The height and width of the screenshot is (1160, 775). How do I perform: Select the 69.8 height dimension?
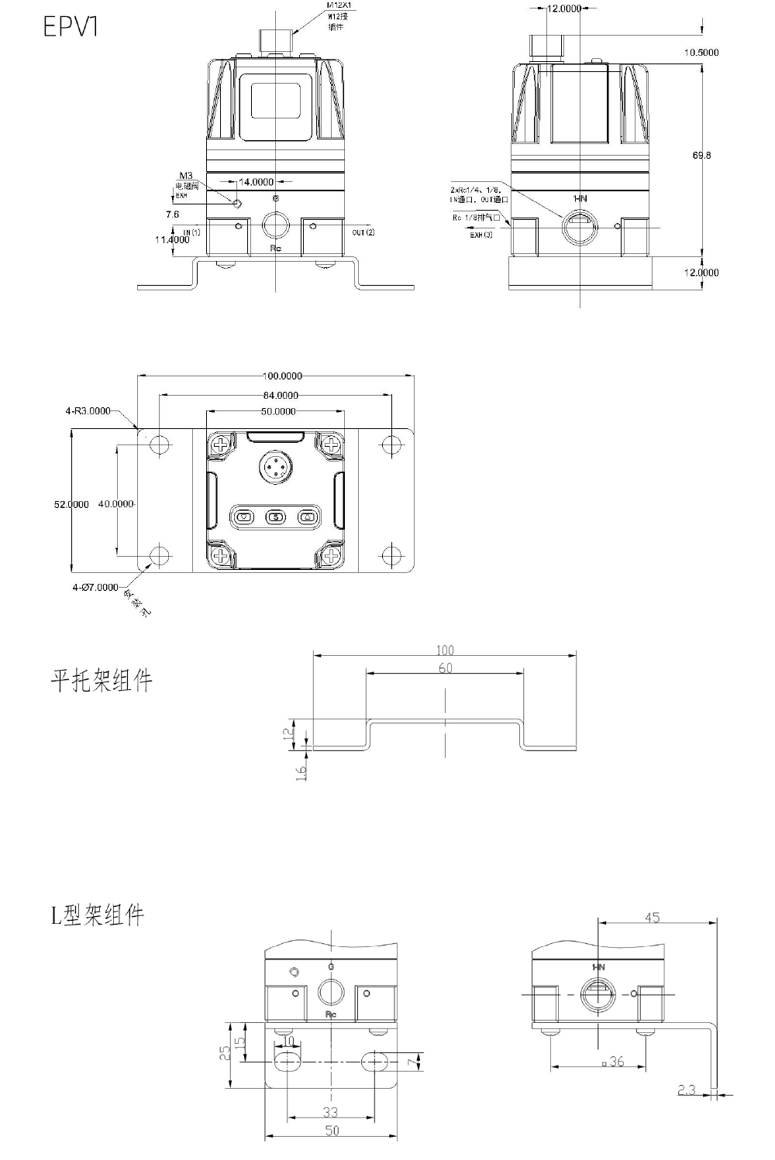pyautogui.click(x=701, y=155)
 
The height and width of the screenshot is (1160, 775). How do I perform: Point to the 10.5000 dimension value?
pyautogui.click(x=701, y=53)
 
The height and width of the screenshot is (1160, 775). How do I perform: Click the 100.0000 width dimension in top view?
pyautogui.click(x=282, y=376)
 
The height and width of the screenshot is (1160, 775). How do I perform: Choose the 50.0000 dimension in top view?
pyautogui.click(x=277, y=412)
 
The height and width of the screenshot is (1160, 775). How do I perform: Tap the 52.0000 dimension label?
pyautogui.click(x=71, y=504)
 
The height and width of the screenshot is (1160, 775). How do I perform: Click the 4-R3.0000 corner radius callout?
pyautogui.click(x=88, y=411)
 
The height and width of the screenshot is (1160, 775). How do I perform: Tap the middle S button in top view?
pyautogui.click(x=276, y=517)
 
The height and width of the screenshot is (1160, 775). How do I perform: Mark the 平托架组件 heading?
pyautogui.click(x=102, y=681)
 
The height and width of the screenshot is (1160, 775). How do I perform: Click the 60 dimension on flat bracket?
pyautogui.click(x=445, y=668)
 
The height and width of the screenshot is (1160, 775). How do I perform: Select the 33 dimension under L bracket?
pyautogui.click(x=330, y=1113)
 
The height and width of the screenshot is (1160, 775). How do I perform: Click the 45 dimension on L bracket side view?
pyautogui.click(x=652, y=918)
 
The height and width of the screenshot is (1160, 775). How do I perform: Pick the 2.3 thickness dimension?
pyautogui.click(x=687, y=1090)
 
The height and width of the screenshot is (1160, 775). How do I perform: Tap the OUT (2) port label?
pyautogui.click(x=363, y=232)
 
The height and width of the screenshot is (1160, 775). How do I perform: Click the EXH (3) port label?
pyautogui.click(x=480, y=235)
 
